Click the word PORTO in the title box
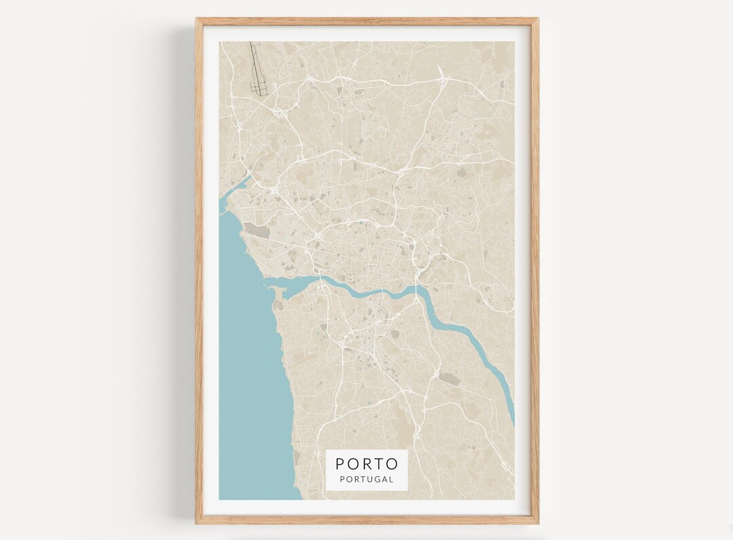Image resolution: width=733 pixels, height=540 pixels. click(x=366, y=464)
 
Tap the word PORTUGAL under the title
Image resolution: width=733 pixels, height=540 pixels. click(x=366, y=479)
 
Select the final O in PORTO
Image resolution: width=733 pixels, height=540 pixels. click(x=392, y=464)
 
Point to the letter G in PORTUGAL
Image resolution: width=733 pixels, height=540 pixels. click(x=376, y=479)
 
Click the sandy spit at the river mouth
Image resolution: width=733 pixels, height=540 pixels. click(x=279, y=293)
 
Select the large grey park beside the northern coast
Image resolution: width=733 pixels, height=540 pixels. click(x=257, y=231)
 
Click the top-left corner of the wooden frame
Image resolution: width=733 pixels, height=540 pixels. click(x=198, y=20)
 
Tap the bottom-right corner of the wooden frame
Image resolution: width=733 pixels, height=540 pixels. click(x=538, y=522)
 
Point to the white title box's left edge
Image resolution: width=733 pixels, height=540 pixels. click(x=326, y=469)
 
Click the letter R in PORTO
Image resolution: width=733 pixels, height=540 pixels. click(x=366, y=464)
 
